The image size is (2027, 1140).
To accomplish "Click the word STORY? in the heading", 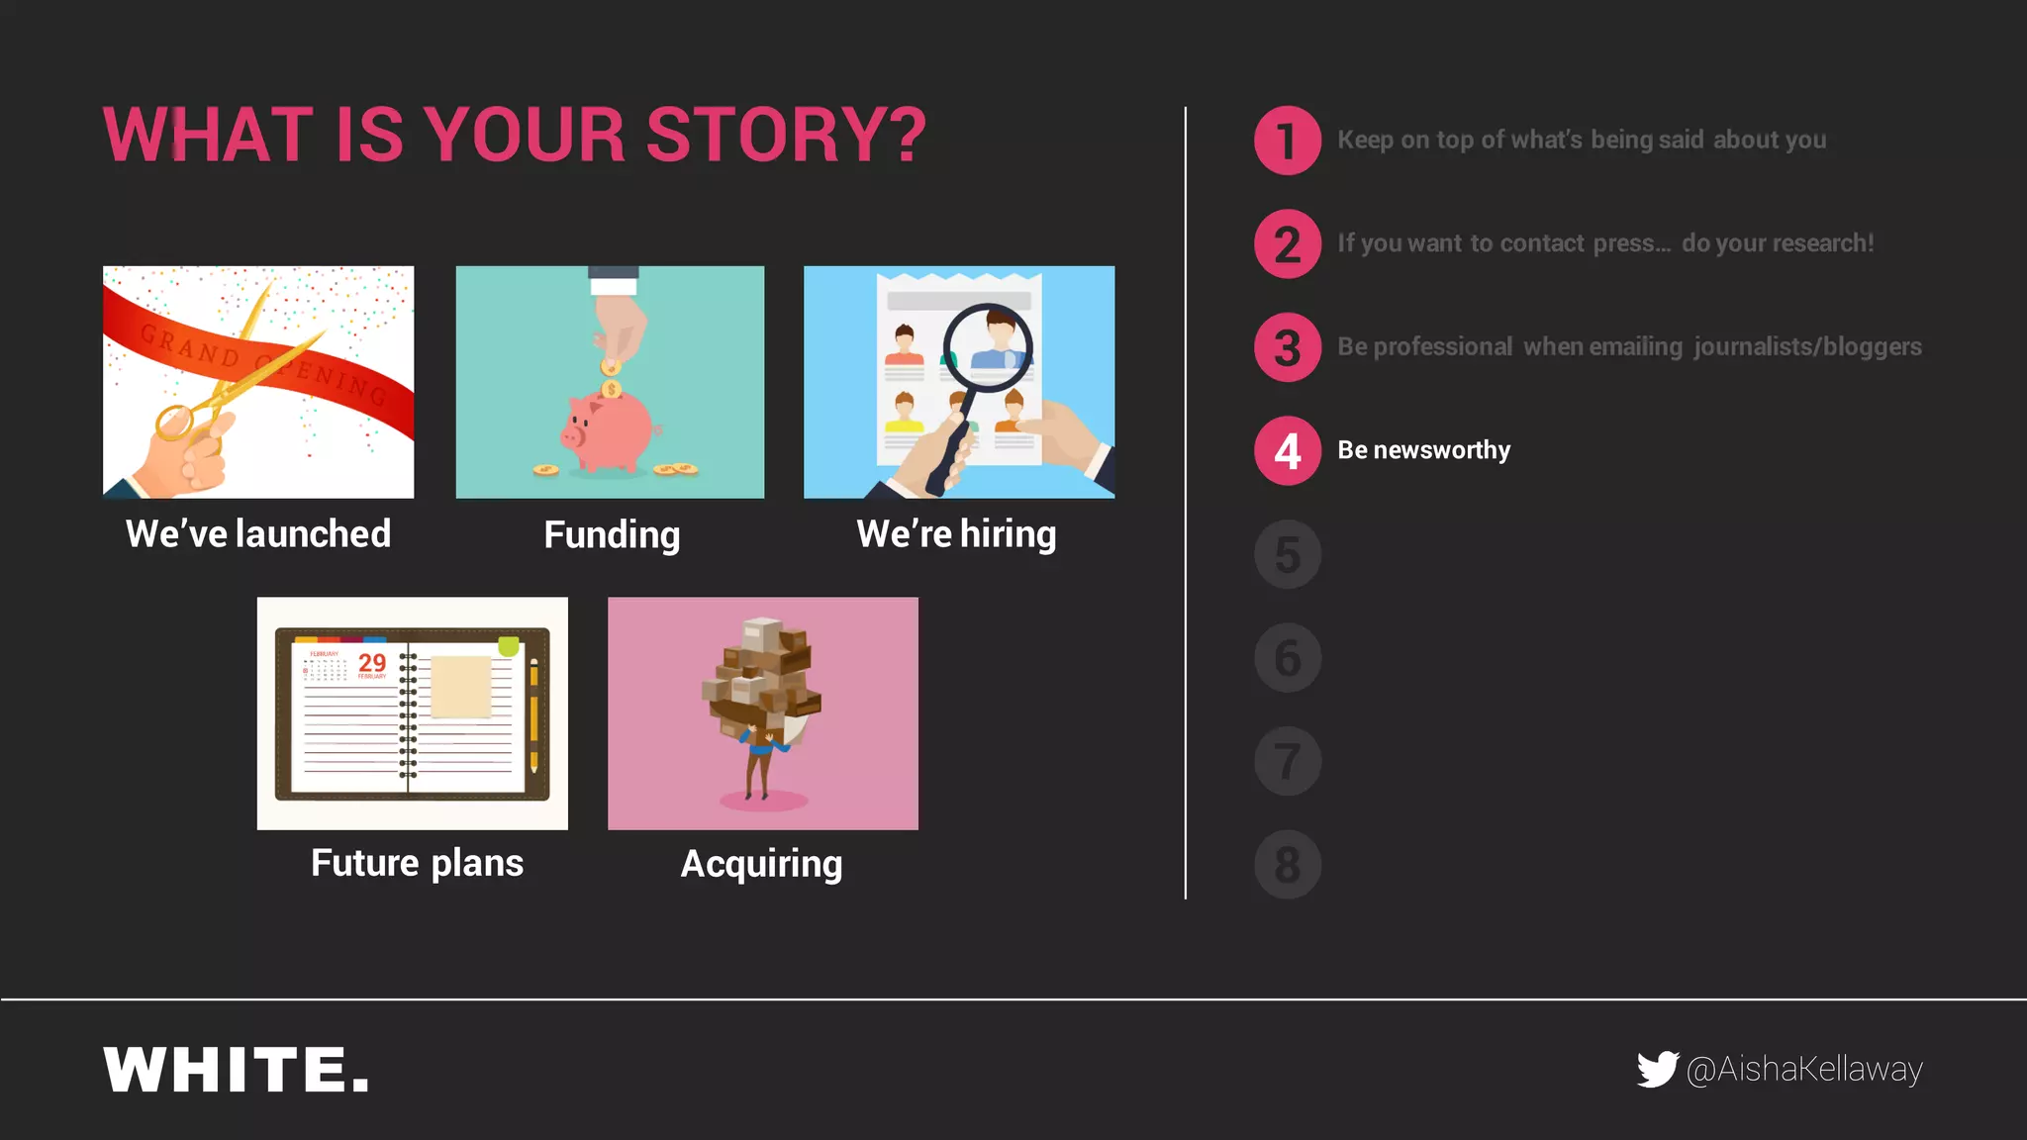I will pyautogui.click(x=787, y=135).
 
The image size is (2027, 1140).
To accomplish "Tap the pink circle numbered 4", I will pyautogui.click(x=1287, y=451).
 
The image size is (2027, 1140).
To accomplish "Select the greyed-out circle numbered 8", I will pyautogui.click(x=1287, y=865).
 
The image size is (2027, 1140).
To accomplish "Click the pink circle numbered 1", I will pyautogui.click(x=1287, y=141).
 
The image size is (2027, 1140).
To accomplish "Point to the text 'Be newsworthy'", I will pyautogui.click(x=1423, y=450).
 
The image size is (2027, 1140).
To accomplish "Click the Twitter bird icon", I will pyautogui.click(x=1657, y=1069).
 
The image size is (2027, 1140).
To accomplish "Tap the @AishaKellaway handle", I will pyautogui.click(x=1804, y=1069).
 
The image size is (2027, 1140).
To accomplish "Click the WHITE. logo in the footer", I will pyautogui.click(x=237, y=1070).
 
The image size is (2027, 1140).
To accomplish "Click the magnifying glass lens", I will pyautogui.click(x=988, y=347).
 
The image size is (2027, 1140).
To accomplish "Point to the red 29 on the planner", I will pyautogui.click(x=372, y=662).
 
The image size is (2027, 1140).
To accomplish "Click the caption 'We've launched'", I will pyautogui.click(x=258, y=534).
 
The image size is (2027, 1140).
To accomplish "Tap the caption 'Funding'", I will pyautogui.click(x=612, y=535).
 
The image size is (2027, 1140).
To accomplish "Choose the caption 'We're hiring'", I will pyautogui.click(x=956, y=534).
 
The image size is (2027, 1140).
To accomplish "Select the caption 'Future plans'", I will pyautogui.click(x=417, y=863).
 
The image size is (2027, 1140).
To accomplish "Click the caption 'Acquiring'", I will pyautogui.click(x=761, y=864).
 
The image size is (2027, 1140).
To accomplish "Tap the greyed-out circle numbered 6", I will pyautogui.click(x=1287, y=658).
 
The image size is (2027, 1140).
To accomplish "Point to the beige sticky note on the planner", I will pyautogui.click(x=461, y=686).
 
